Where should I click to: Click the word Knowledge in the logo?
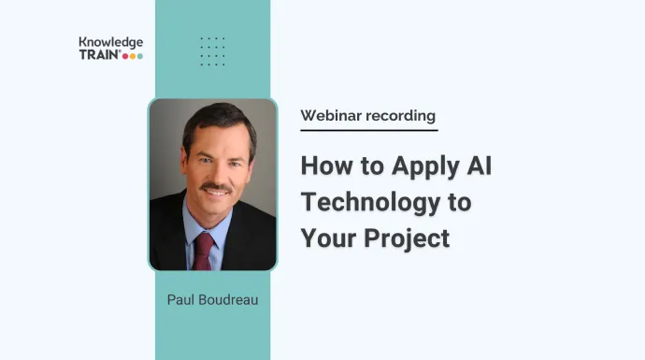(111, 42)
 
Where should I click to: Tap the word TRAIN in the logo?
(98, 55)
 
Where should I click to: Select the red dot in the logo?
(125, 56)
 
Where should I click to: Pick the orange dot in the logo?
(132, 56)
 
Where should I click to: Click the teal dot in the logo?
(139, 56)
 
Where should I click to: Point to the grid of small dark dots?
(212, 51)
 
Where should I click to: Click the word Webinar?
(332, 116)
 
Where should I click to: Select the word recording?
(402, 116)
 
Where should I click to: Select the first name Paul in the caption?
(181, 299)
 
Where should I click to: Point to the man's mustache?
(217, 189)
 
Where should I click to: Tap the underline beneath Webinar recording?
(368, 130)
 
